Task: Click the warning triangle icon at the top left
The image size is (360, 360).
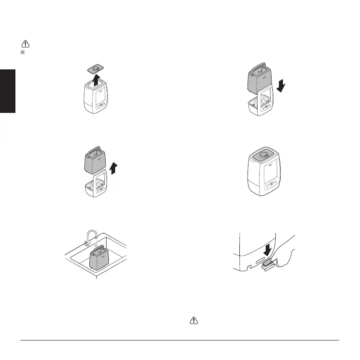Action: coord(25,44)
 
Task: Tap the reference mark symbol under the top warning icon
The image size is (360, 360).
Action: coord(21,53)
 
